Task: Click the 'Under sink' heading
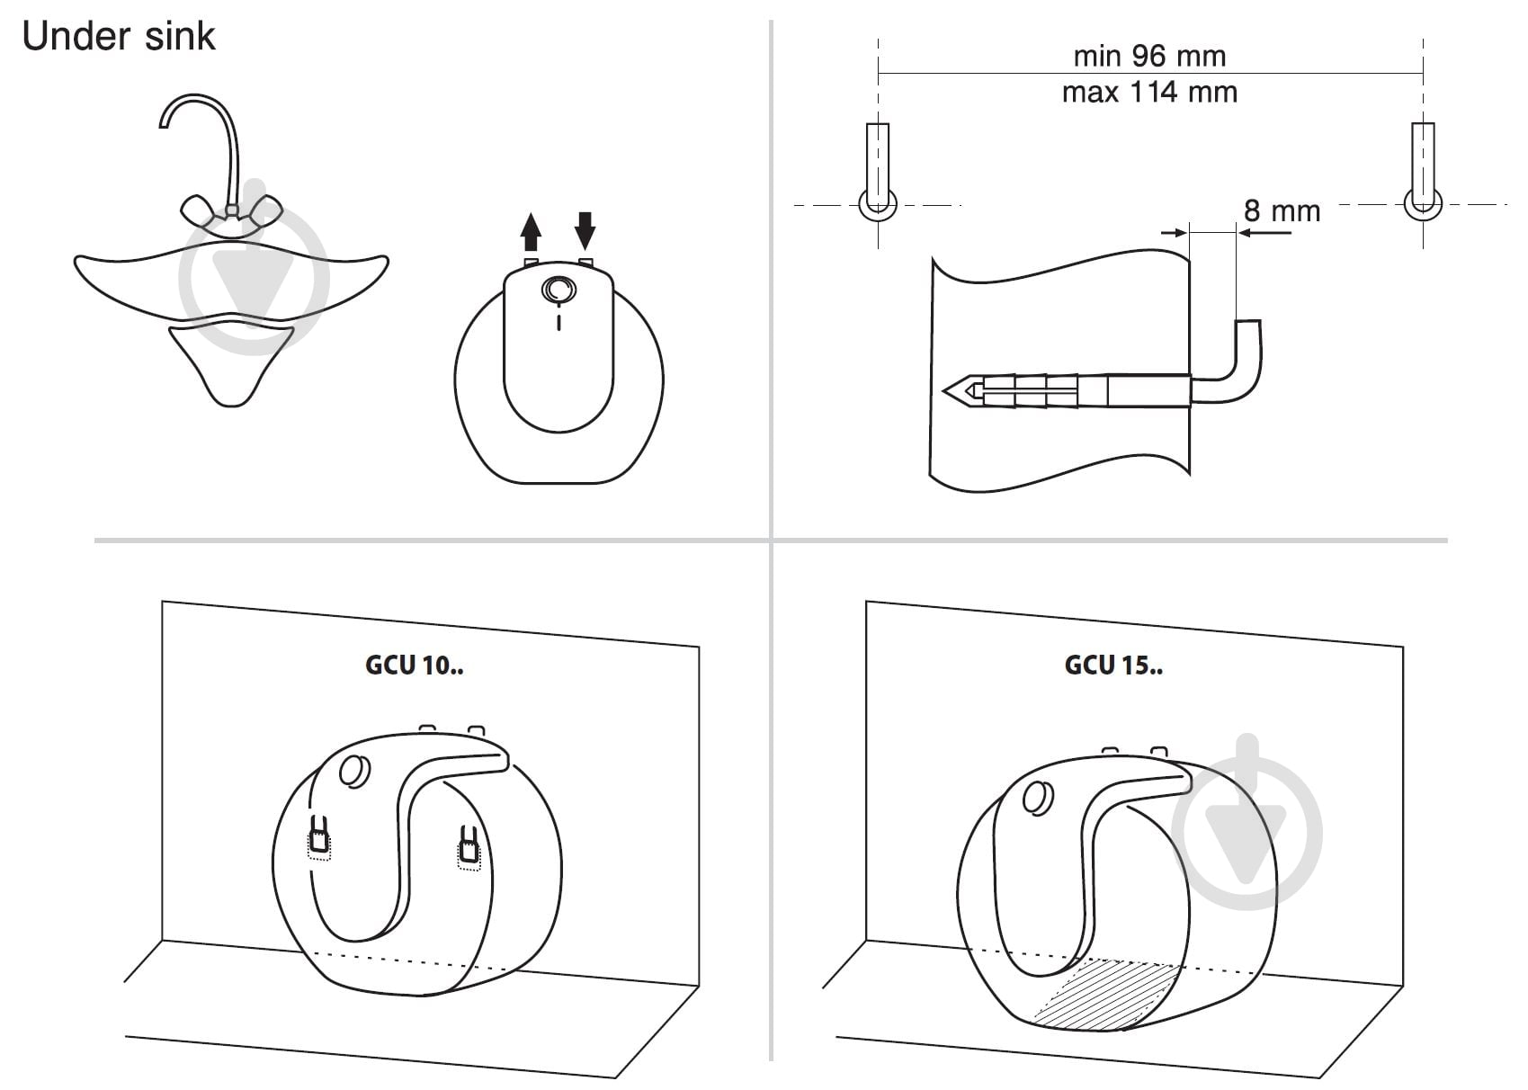(x=119, y=36)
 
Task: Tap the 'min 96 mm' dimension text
(x=1149, y=56)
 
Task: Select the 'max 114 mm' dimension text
(x=1149, y=92)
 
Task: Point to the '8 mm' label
(x=1282, y=210)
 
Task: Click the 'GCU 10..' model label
(x=414, y=665)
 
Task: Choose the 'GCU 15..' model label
(x=1113, y=665)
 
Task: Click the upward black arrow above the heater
(x=531, y=232)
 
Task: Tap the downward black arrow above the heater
(x=585, y=230)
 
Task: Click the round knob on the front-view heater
(x=558, y=290)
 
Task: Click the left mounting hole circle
(x=878, y=205)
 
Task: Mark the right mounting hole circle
(x=1423, y=204)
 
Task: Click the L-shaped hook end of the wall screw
(x=1247, y=369)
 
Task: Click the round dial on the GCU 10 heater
(x=354, y=771)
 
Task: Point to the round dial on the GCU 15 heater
(x=1038, y=797)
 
